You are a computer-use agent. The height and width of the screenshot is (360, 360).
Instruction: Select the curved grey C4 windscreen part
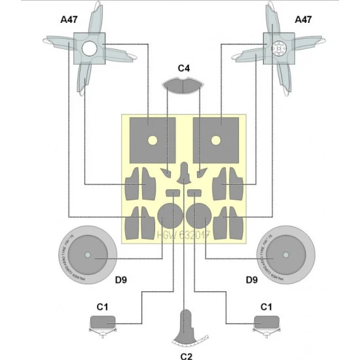[183, 85]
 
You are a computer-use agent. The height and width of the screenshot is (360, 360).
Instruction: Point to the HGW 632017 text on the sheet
[183, 234]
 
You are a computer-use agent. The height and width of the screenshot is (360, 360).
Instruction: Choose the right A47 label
[302, 21]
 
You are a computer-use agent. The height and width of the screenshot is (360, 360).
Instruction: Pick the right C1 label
[266, 306]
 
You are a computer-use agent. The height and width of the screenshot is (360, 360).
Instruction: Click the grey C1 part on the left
[102, 322]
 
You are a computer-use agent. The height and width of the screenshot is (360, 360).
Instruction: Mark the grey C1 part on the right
[267, 322]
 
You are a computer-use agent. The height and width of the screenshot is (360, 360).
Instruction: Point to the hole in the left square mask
[150, 139]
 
